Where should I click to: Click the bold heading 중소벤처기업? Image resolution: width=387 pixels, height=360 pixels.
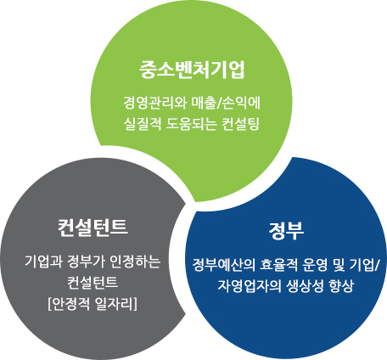pyautogui.click(x=192, y=70)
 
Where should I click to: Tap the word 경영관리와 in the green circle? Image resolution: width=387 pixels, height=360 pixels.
pyautogui.click(x=155, y=103)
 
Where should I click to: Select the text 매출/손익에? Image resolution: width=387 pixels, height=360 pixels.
pyautogui.click(x=226, y=103)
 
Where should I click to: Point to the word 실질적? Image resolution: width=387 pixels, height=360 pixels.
pyautogui.click(x=143, y=124)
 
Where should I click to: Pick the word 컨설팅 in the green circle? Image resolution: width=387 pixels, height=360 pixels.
pyautogui.click(x=241, y=124)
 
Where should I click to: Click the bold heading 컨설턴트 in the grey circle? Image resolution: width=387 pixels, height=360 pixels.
pyautogui.click(x=93, y=228)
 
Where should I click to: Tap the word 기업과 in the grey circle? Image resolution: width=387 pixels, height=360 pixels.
pyautogui.click(x=43, y=262)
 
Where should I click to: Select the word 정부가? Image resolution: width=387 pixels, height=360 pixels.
pyautogui.click(x=86, y=262)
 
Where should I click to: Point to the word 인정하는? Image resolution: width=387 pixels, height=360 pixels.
pyautogui.click(x=135, y=262)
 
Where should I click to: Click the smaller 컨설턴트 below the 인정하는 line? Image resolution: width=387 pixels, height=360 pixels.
pyautogui.click(x=93, y=282)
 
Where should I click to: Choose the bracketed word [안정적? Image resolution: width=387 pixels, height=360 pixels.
pyautogui.click(x=70, y=304)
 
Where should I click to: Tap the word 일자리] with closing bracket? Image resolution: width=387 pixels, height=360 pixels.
pyautogui.click(x=116, y=304)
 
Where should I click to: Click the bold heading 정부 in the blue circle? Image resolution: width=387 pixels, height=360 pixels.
pyautogui.click(x=286, y=231)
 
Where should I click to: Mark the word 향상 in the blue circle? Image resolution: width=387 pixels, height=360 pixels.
pyautogui.click(x=341, y=286)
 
